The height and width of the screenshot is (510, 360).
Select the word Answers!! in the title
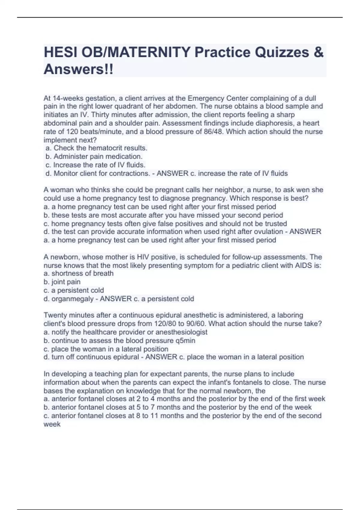pyautogui.click(x=79, y=70)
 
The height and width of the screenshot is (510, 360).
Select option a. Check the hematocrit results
pyautogui.click(x=96, y=148)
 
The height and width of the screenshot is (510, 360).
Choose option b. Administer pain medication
pyautogui.click(x=94, y=157)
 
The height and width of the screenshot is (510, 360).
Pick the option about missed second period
pyautogui.click(x=163, y=215)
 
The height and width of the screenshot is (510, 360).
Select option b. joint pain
pyautogui.click(x=62, y=282)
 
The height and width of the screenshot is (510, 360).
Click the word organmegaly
pyautogui.click(x=72, y=299)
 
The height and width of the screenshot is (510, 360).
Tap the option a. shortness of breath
pyautogui.click(x=79, y=274)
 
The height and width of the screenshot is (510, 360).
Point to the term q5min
pyautogui.click(x=185, y=340)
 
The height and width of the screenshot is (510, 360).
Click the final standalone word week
pyautogui.click(x=52, y=424)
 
